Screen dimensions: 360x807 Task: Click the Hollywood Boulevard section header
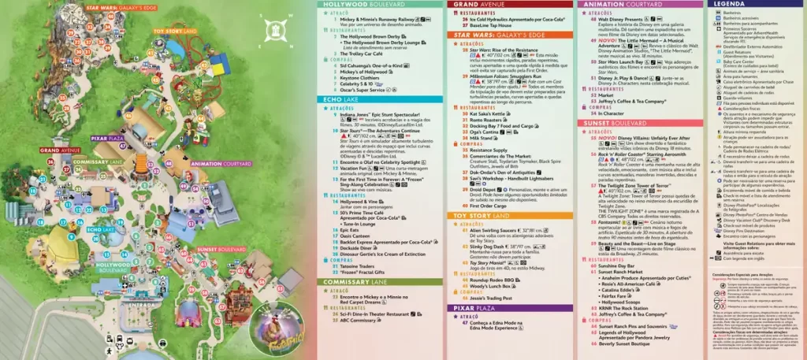355,4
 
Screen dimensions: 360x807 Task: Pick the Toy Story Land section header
482,215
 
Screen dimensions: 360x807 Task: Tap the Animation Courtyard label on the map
216,164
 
